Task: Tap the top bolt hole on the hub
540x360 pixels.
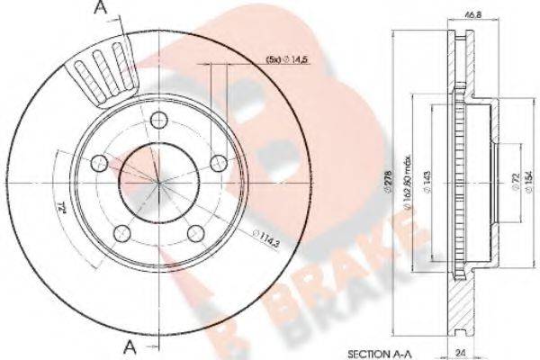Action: (159, 120)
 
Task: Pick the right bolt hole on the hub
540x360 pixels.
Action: (218, 163)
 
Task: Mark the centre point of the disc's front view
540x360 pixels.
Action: (159, 182)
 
